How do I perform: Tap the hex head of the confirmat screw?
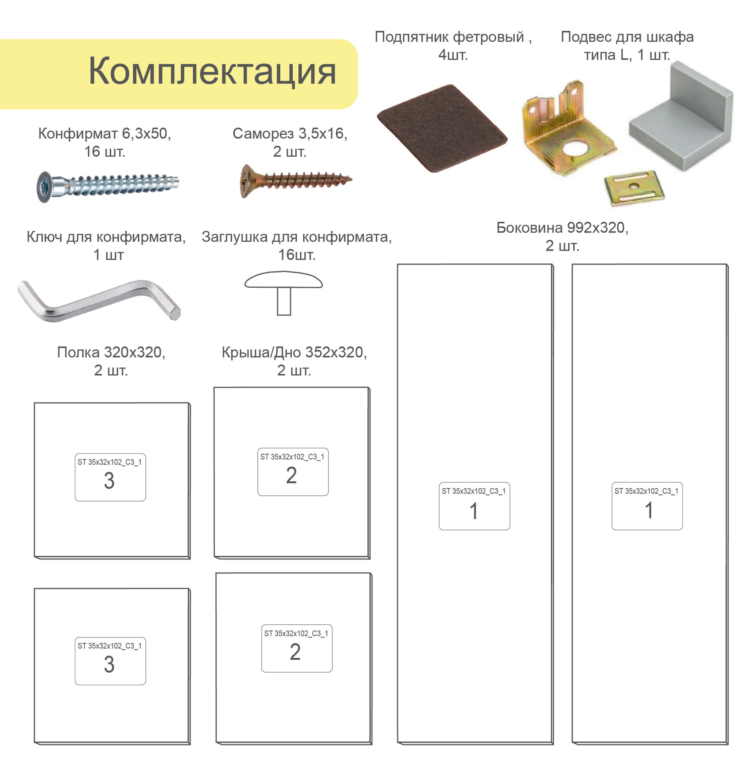point(44,186)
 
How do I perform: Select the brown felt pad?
point(442,128)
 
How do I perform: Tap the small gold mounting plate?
point(634,188)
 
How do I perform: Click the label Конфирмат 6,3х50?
point(104,134)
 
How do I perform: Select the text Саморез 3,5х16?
point(290,134)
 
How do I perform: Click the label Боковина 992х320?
point(562,227)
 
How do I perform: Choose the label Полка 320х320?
point(111,352)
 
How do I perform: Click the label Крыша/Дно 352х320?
point(294,352)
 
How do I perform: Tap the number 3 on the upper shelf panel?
point(109,481)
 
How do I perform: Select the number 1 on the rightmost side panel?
point(649,511)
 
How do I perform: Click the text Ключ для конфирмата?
point(106,237)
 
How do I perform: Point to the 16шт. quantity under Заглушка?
point(297,255)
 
